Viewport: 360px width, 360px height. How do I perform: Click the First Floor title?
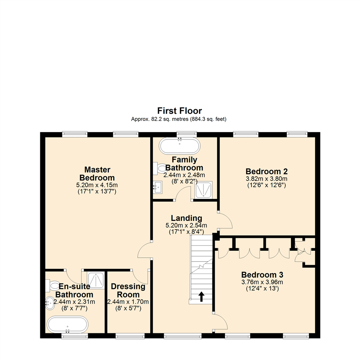click(x=180, y=110)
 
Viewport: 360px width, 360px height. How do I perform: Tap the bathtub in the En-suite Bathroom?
click(x=68, y=324)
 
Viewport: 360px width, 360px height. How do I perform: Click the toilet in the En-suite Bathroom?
click(x=53, y=285)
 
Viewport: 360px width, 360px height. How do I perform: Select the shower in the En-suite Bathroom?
click(x=95, y=280)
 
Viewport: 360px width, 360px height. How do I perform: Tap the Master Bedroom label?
click(x=97, y=173)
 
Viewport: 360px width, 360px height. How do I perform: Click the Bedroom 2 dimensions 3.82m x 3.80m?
click(x=266, y=178)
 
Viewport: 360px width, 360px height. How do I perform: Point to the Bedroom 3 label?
click(x=262, y=275)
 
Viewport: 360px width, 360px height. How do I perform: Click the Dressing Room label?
click(x=128, y=290)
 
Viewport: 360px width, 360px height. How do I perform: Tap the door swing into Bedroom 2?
click(x=225, y=220)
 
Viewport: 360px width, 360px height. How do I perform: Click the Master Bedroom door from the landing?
click(x=144, y=250)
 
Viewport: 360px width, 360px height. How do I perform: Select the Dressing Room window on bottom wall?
click(x=130, y=336)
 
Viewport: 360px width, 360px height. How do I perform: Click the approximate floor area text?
click(x=180, y=119)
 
